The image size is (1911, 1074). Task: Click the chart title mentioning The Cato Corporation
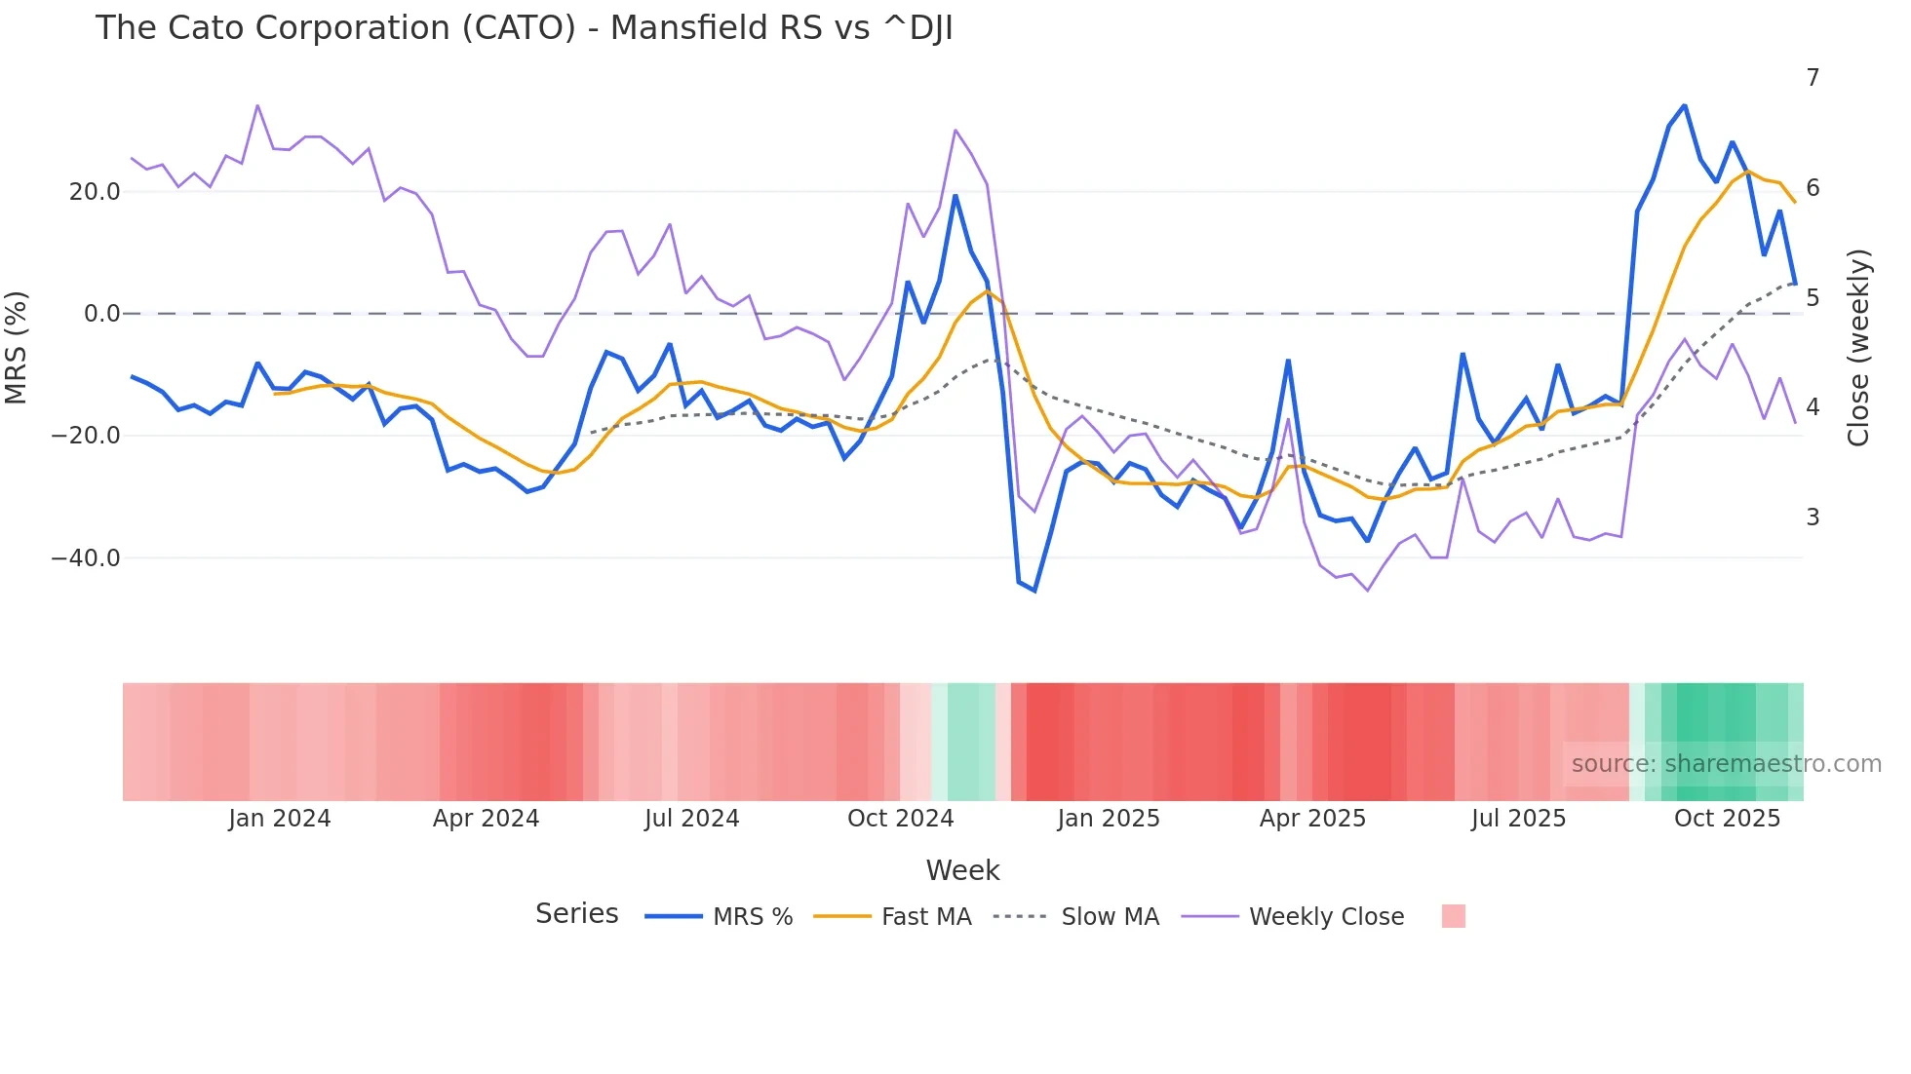(x=524, y=28)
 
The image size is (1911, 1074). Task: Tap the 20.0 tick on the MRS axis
(x=95, y=192)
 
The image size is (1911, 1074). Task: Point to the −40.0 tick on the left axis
(x=86, y=558)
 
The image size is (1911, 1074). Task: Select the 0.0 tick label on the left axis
(x=101, y=314)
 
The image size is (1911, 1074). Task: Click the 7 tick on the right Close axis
(x=1813, y=78)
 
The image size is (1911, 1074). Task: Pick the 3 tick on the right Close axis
(x=1813, y=518)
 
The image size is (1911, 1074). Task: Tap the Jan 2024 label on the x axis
(x=280, y=819)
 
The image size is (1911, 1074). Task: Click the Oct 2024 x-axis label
(x=900, y=819)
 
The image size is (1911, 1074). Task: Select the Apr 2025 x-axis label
(x=1312, y=819)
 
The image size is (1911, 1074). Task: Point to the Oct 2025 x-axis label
(x=1727, y=819)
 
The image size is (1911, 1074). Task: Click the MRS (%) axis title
(x=17, y=347)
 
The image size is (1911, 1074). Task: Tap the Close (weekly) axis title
(x=1858, y=347)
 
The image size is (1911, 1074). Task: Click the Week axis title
(x=962, y=870)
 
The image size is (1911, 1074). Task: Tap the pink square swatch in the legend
(x=1453, y=916)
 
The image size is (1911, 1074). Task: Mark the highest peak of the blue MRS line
(x=1684, y=105)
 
